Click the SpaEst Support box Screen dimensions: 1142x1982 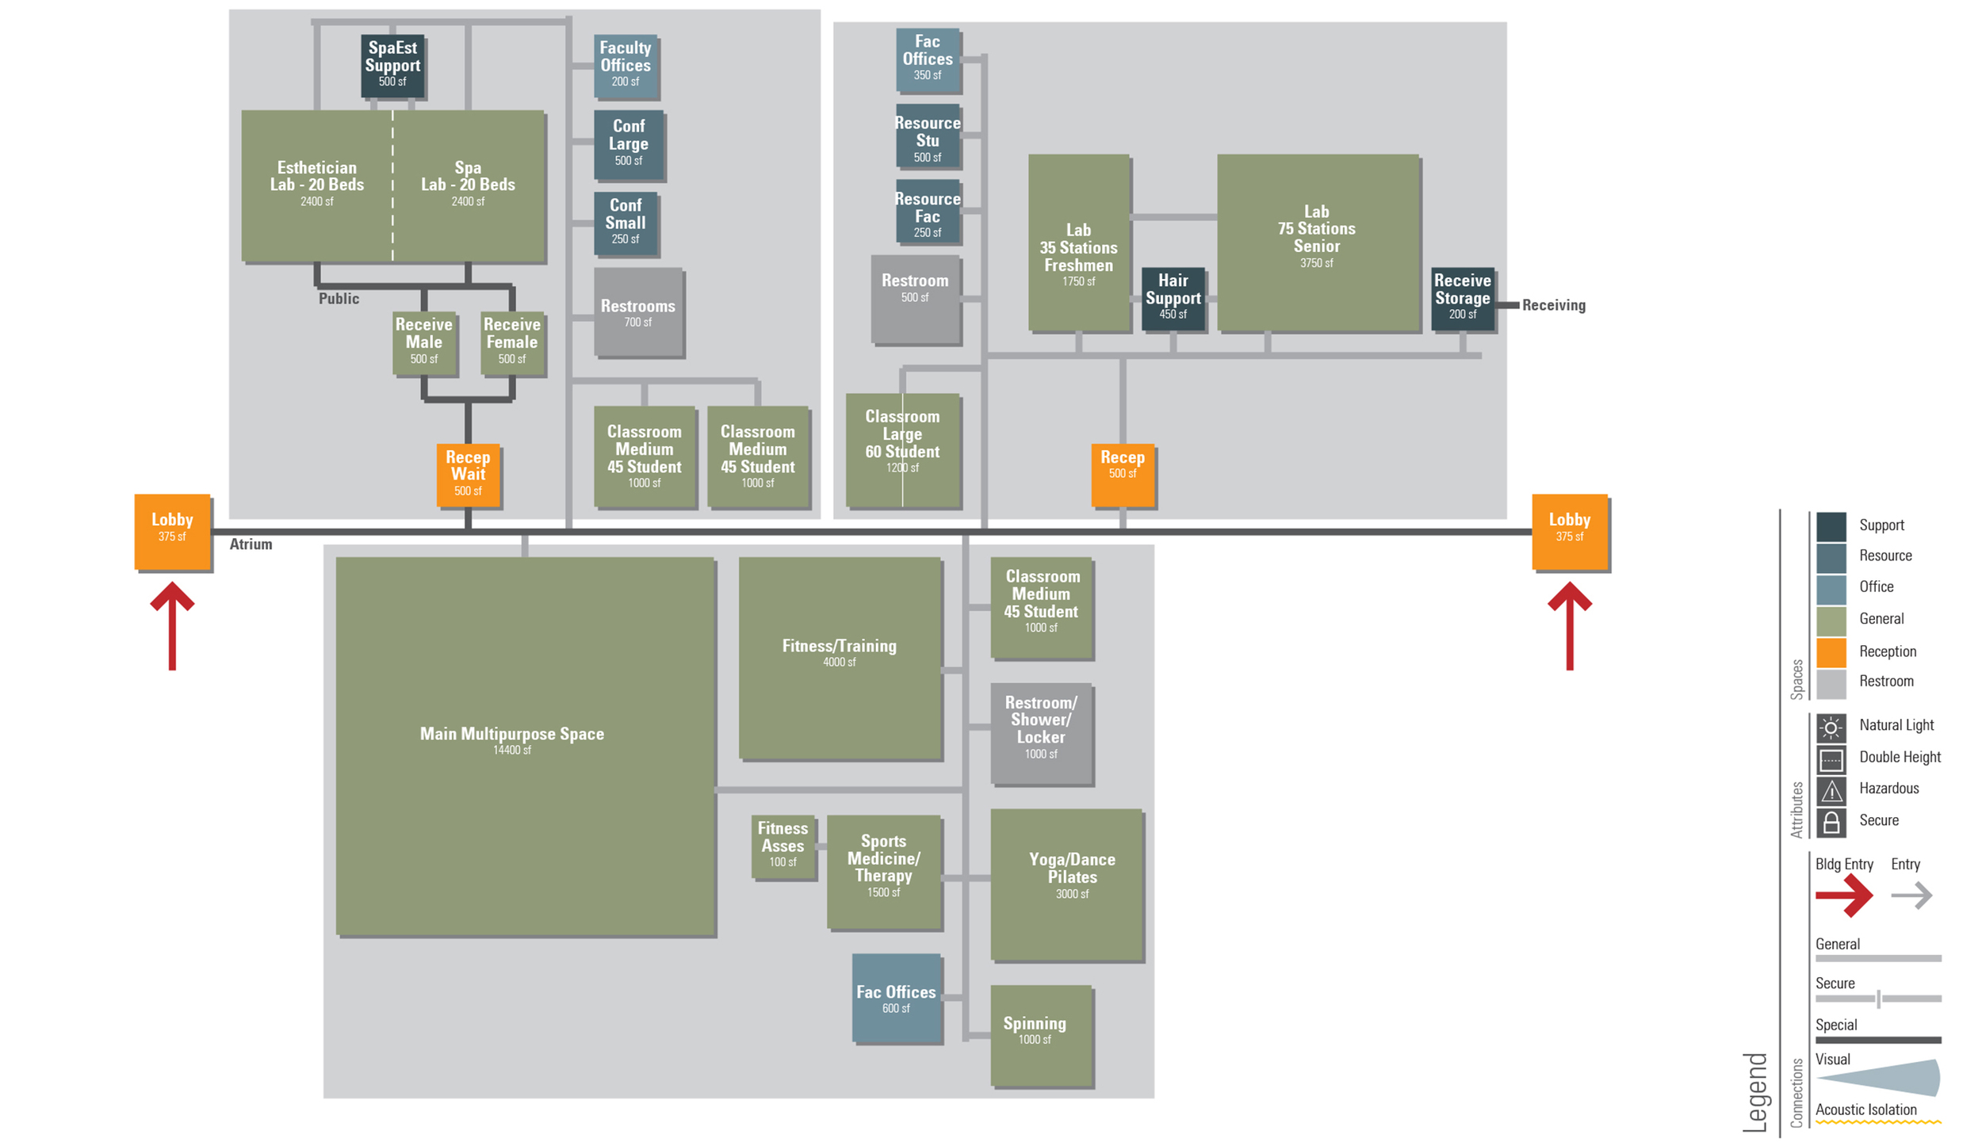tap(392, 65)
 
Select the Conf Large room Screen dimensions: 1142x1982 tap(629, 144)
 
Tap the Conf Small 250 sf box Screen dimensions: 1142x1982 tap(626, 223)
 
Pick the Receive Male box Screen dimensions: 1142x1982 tap(424, 342)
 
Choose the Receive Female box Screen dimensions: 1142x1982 tap(512, 342)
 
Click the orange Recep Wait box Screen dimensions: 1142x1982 tap(468, 474)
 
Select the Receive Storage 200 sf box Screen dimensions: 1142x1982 tap(1462, 298)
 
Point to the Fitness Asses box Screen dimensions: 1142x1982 tap(782, 846)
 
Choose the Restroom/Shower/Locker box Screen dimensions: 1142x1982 tap(1041, 732)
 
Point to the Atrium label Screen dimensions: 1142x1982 tap(251, 544)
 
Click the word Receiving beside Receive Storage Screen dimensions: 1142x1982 tap(1553, 305)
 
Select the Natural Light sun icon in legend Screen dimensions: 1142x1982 tap(1831, 727)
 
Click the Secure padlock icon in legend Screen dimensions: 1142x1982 tap(1831, 822)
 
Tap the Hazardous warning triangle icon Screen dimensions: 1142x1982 tap(1831, 790)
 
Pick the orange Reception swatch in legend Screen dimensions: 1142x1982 tap(1831, 652)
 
